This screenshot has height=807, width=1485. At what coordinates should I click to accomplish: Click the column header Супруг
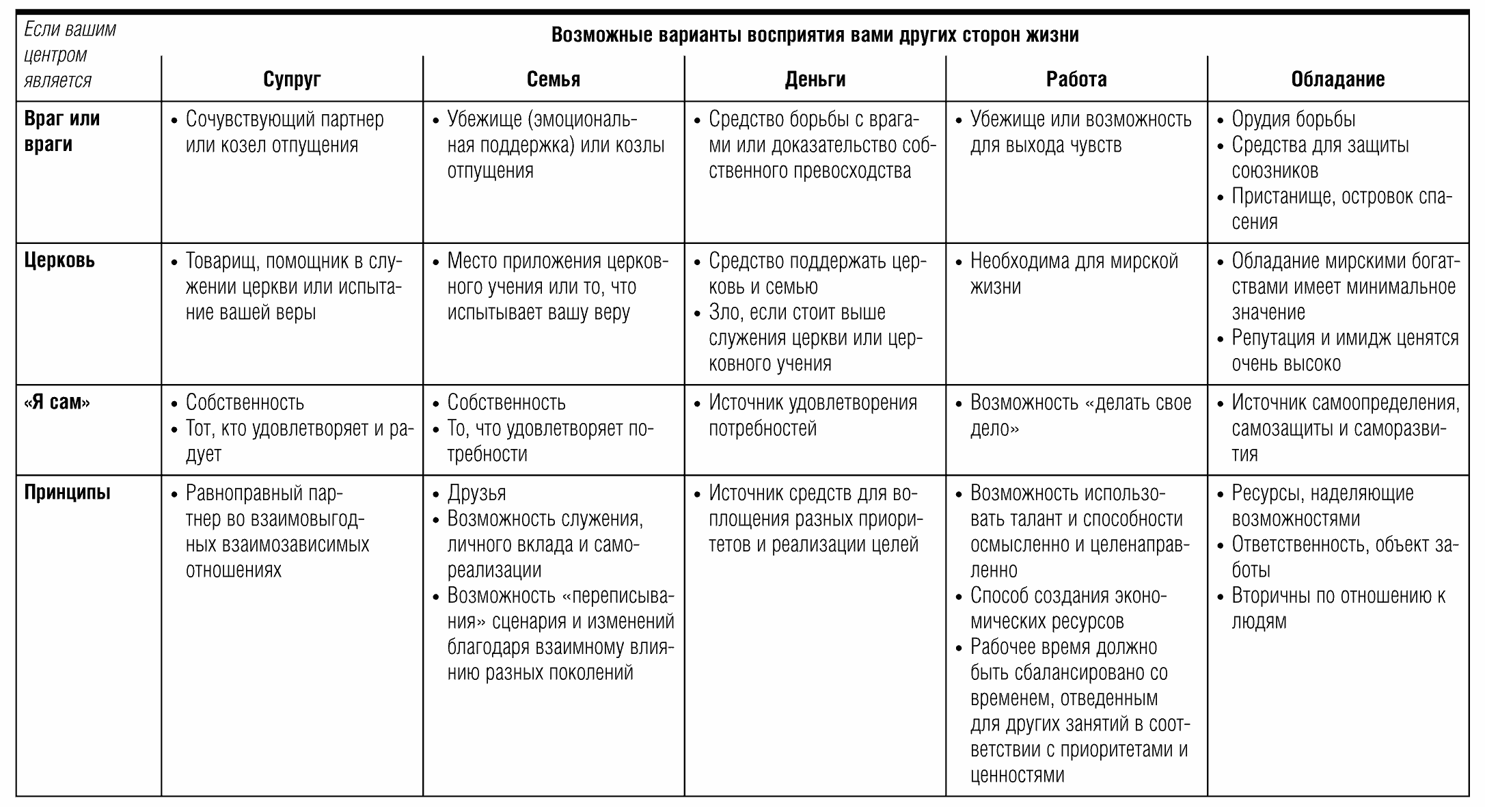[292, 79]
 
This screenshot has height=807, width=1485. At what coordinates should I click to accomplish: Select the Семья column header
[553, 79]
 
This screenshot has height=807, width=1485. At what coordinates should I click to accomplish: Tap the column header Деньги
[815, 79]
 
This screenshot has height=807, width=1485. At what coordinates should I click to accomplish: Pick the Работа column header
[1076, 79]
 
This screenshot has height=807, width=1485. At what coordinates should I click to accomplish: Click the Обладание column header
[1337, 79]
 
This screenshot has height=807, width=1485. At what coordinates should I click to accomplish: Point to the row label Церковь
[59, 260]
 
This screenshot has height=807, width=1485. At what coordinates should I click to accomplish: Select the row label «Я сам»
[57, 402]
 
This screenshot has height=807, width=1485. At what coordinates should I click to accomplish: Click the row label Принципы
[67, 493]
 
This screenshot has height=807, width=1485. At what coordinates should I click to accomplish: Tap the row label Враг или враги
[62, 131]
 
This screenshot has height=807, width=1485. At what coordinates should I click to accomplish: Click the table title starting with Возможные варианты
[815, 35]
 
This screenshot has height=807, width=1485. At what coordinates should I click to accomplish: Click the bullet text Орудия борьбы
[1293, 119]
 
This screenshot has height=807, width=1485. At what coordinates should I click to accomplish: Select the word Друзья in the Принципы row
[476, 493]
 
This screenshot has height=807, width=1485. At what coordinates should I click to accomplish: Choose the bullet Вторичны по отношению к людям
[1337, 608]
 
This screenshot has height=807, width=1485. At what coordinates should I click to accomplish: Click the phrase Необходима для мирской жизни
[1074, 273]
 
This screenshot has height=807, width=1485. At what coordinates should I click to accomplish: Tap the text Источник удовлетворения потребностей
[812, 415]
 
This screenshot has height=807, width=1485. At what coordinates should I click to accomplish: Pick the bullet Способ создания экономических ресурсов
[1068, 608]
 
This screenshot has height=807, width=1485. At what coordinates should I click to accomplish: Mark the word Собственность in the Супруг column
[245, 402]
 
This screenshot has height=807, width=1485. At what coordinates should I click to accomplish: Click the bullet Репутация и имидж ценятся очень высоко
[1344, 351]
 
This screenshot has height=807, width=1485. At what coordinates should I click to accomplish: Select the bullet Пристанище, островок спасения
[1341, 208]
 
